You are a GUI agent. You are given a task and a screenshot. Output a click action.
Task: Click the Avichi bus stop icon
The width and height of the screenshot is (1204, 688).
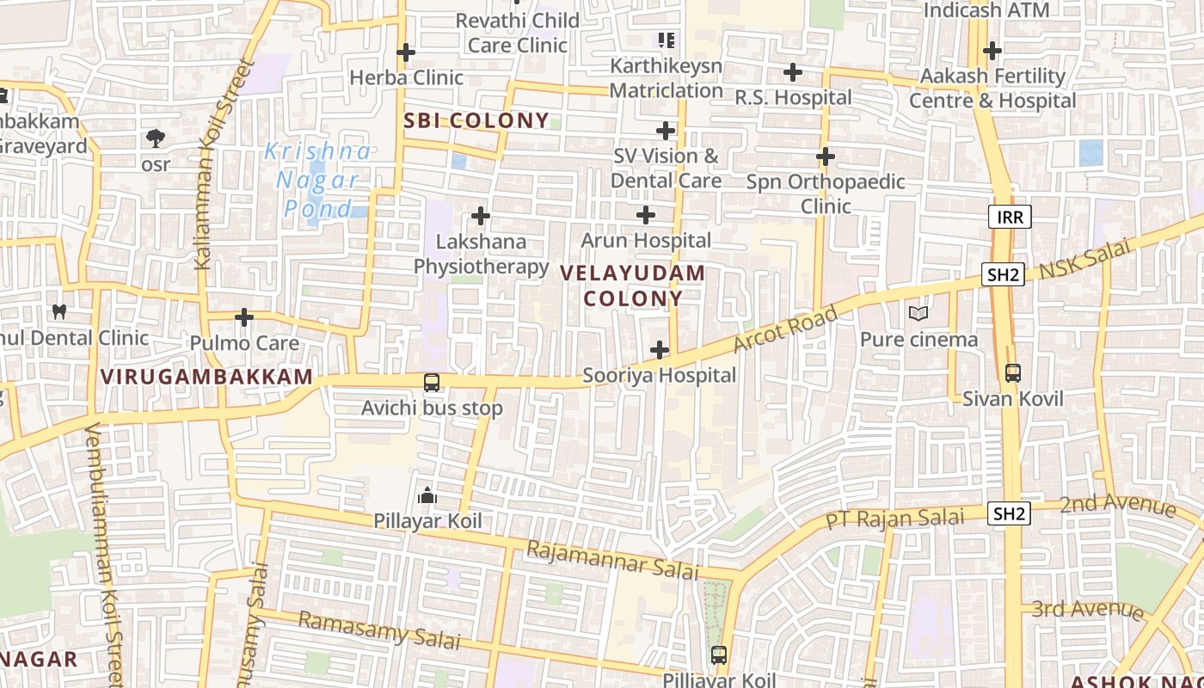pos(431,382)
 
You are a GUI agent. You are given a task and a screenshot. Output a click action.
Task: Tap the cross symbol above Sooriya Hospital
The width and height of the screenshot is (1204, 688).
pos(660,350)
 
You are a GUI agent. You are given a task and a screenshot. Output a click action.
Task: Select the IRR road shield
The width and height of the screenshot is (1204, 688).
pos(1010,217)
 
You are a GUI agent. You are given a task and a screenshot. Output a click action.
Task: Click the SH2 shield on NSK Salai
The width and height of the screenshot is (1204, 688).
pos(1004,275)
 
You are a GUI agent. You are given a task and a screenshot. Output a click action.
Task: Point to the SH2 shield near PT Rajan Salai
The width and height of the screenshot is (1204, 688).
pos(1008,514)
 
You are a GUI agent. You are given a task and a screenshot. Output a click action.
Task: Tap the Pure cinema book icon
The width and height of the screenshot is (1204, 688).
pos(918,314)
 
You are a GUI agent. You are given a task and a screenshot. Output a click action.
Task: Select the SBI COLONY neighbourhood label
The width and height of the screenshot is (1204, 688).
pos(476,121)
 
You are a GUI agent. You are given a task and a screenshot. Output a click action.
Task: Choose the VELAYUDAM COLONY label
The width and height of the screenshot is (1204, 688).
pos(633,286)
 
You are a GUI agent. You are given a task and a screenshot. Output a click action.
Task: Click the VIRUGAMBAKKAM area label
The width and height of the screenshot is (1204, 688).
pos(206,377)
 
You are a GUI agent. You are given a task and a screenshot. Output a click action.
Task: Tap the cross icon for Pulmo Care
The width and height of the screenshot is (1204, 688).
pos(244,317)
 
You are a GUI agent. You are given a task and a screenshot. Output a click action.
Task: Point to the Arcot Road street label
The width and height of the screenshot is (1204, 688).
pos(784,329)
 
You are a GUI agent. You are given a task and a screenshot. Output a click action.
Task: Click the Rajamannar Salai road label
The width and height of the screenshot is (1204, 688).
pos(612,560)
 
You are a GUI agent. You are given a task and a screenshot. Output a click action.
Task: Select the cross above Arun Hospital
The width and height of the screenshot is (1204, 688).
pos(646,215)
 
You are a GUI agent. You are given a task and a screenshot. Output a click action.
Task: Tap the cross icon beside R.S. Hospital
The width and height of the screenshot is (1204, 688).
pos(792,72)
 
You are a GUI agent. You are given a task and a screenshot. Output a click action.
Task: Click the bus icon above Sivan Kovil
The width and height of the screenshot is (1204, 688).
pos(1013,373)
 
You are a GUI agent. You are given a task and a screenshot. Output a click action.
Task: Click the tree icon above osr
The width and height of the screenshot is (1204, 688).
pos(156,138)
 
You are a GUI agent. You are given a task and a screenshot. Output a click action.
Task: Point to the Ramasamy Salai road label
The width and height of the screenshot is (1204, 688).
pos(379,630)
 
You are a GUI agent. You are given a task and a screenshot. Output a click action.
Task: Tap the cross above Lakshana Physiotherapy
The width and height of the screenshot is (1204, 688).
pos(481,216)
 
